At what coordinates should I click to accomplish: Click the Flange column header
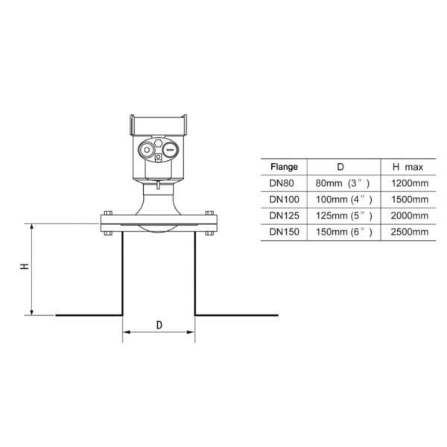(283, 167)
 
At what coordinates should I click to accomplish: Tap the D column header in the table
(340, 167)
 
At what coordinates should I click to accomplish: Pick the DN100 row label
(283, 200)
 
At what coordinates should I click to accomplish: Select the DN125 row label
(283, 216)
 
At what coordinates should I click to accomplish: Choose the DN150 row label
(283, 232)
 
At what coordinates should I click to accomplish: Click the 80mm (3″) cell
(341, 183)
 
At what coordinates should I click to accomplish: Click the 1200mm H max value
(409, 183)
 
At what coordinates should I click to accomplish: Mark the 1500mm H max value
(409, 200)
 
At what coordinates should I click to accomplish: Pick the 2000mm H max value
(409, 216)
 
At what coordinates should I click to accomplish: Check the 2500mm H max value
(409, 232)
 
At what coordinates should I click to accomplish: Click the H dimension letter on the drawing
(25, 266)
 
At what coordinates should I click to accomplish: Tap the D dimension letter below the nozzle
(159, 326)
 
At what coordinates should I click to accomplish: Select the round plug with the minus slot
(171, 150)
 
